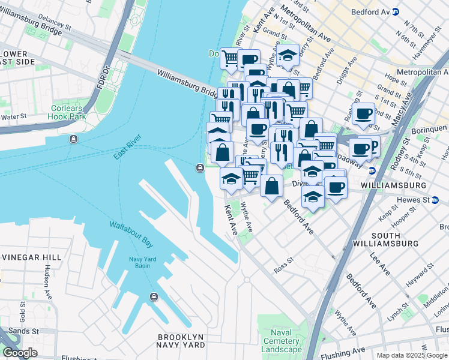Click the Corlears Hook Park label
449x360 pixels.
(x=68, y=112)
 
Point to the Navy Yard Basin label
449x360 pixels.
(x=130, y=262)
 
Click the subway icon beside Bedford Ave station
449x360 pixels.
(x=395, y=12)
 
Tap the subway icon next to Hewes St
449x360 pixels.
(x=434, y=199)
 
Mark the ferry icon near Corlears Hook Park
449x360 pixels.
(x=73, y=139)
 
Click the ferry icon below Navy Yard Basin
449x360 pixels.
(x=154, y=296)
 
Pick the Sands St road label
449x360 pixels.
(x=24, y=331)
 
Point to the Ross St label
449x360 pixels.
(x=282, y=262)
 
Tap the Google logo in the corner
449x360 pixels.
(x=20, y=352)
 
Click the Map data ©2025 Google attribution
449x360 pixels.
(x=411, y=355)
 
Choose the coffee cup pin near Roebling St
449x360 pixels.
(x=363, y=113)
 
